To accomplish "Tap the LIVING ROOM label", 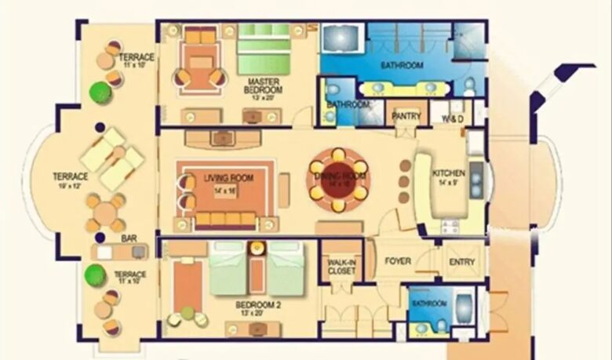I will tap(228, 179).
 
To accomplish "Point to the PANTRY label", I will tap(406, 116).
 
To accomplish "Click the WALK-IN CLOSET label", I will tap(341, 266).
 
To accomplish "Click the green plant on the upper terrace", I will tap(99, 93).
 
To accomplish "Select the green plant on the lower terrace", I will tap(96, 275).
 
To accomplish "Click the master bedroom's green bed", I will tap(265, 52).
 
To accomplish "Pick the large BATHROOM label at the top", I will tap(402, 65).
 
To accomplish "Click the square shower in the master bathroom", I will tap(340, 38).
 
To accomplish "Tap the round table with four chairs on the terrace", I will tap(104, 211).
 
